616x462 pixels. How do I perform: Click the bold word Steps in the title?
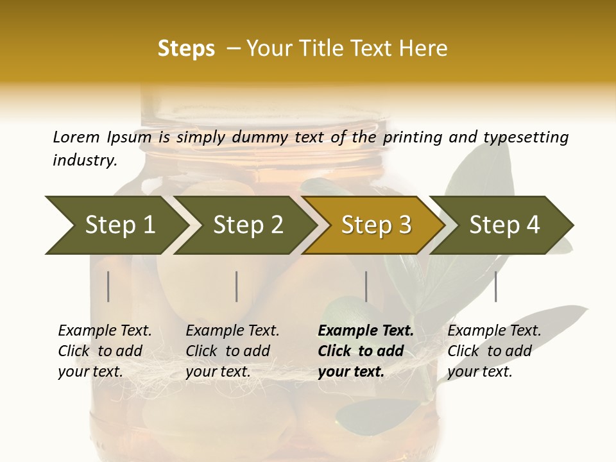coord(186,49)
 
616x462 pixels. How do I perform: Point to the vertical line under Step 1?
coord(108,286)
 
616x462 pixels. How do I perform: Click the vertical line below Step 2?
coord(237,286)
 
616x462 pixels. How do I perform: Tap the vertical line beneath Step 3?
coord(366,286)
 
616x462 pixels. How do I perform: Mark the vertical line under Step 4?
coord(495,286)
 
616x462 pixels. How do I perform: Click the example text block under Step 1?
coord(105,351)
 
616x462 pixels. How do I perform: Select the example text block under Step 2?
coord(232,351)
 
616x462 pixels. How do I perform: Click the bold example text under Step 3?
coord(366,351)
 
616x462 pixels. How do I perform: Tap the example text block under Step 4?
coord(494,351)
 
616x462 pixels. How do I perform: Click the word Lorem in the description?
coord(76,137)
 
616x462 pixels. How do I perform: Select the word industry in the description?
coord(85,160)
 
